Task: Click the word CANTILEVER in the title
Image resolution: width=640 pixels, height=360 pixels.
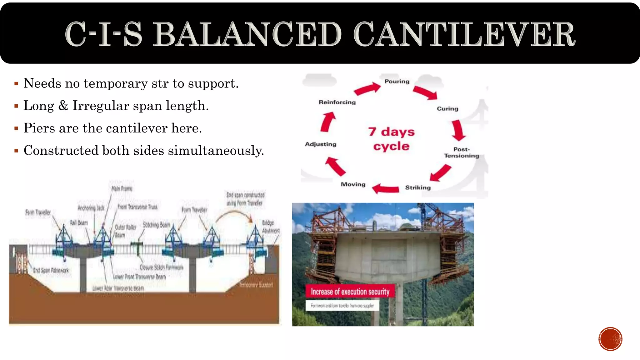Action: pyautogui.click(x=464, y=34)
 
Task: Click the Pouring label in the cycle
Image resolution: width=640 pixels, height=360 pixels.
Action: pyautogui.click(x=397, y=82)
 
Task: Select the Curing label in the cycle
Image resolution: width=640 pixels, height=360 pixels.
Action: pyautogui.click(x=447, y=109)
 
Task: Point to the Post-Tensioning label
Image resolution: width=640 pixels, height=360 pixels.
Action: pyautogui.click(x=462, y=152)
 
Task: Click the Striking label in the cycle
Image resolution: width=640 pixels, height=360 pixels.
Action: pyautogui.click(x=418, y=187)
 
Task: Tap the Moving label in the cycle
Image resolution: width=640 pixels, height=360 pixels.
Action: pyautogui.click(x=353, y=184)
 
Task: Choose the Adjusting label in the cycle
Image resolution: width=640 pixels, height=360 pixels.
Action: pyautogui.click(x=321, y=144)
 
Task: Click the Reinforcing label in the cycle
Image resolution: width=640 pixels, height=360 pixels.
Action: pyautogui.click(x=337, y=102)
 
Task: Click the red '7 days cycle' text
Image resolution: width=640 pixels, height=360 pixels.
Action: pyautogui.click(x=391, y=139)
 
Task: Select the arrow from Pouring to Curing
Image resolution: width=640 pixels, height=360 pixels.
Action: pyautogui.click(x=425, y=92)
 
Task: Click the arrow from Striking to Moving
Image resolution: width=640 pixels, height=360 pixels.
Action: pyautogui.click(x=386, y=189)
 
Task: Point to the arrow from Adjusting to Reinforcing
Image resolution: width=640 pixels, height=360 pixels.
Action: pyautogui.click(x=328, y=122)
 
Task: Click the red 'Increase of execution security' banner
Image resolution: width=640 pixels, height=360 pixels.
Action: pyautogui.click(x=350, y=292)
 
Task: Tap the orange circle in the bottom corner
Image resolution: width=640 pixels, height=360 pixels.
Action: pyautogui.click(x=610, y=339)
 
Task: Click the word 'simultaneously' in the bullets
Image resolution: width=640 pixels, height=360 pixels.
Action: pyautogui.click(x=216, y=151)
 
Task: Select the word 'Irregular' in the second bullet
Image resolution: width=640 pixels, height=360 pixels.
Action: pyautogui.click(x=101, y=106)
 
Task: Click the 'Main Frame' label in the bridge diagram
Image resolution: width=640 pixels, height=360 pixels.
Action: pyautogui.click(x=122, y=189)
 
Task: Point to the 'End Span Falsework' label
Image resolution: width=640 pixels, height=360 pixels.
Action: pyautogui.click(x=51, y=270)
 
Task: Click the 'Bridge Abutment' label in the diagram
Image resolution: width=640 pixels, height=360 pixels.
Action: pyautogui.click(x=271, y=227)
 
